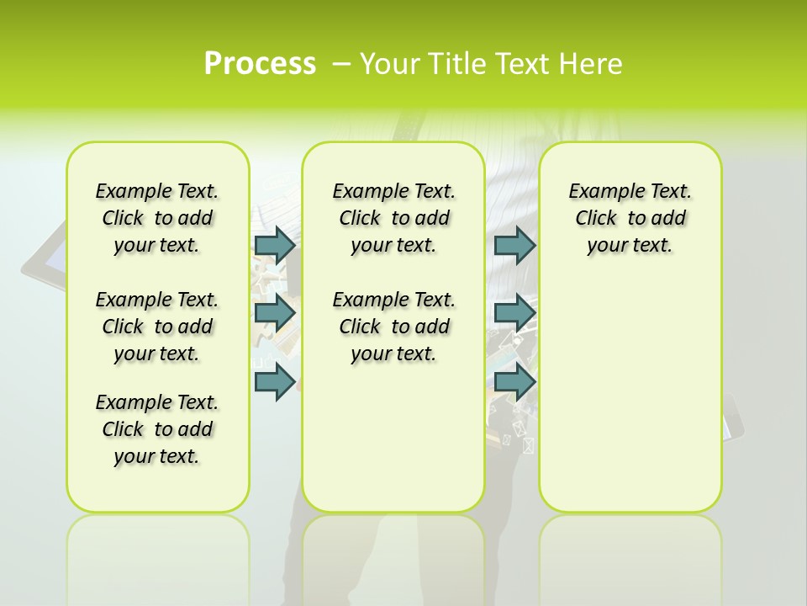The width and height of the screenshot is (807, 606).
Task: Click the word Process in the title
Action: point(260,63)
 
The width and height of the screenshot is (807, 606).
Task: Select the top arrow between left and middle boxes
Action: point(275,245)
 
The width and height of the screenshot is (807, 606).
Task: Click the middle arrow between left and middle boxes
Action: point(275,313)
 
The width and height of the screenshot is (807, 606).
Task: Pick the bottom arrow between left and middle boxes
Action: point(275,381)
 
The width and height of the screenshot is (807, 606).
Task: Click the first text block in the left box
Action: point(157,218)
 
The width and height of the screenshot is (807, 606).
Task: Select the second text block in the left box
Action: point(157,327)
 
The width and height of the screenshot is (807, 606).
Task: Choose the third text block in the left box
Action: point(157,429)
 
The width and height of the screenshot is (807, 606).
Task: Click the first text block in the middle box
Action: point(393,218)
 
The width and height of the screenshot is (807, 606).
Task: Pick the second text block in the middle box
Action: point(393,327)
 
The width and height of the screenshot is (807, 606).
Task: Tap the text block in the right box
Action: point(630,218)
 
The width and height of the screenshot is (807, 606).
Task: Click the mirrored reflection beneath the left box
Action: point(158,555)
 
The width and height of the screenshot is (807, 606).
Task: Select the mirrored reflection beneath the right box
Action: point(630,555)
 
